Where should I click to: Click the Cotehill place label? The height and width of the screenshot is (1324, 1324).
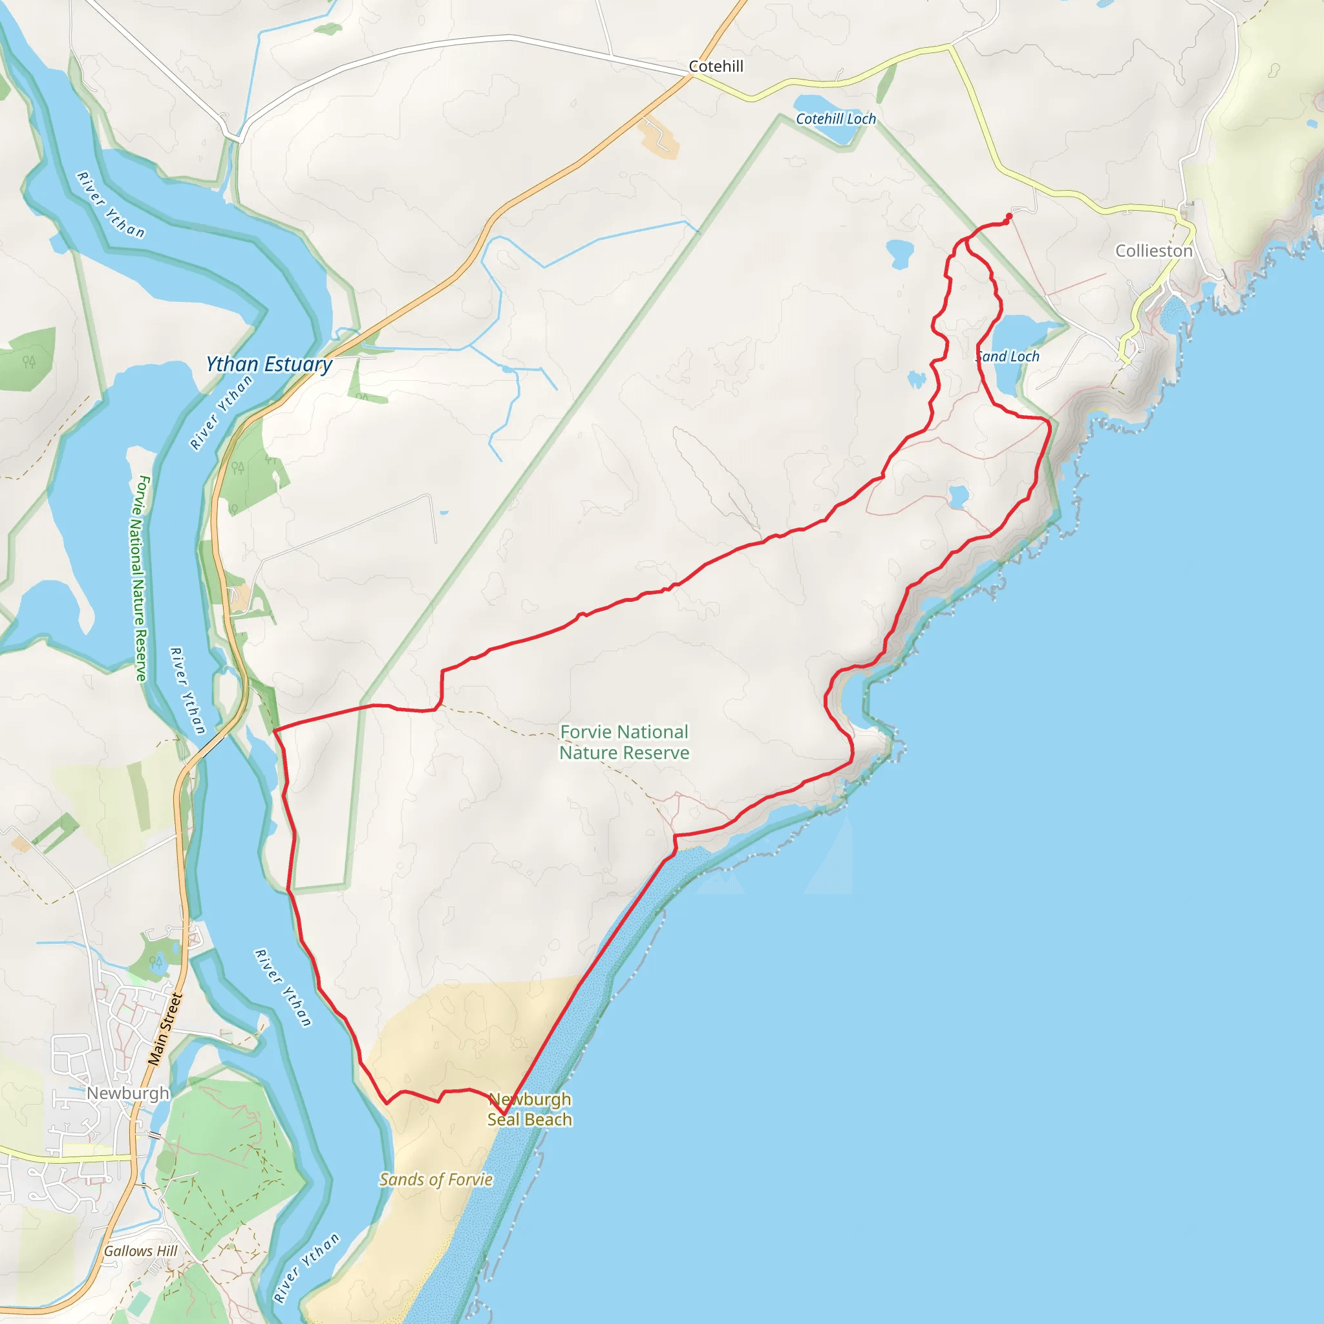(x=716, y=67)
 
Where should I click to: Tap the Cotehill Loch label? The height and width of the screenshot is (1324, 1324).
(x=835, y=118)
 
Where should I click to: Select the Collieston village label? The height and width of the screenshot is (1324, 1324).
(x=1153, y=251)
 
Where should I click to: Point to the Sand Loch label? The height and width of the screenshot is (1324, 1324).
(x=1008, y=356)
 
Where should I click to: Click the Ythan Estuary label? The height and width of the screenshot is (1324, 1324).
(x=270, y=364)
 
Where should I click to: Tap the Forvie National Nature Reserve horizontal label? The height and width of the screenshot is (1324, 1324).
(x=624, y=742)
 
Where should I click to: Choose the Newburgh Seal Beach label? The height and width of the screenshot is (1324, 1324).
(x=529, y=1109)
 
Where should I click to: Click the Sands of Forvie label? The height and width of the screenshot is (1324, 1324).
(x=436, y=1179)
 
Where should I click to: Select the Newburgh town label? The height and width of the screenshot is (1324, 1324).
(x=127, y=1093)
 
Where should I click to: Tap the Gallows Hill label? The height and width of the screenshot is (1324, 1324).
(x=140, y=1251)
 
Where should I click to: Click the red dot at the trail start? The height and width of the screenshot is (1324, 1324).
(x=1009, y=217)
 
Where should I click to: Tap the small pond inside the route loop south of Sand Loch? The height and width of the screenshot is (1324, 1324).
(x=958, y=496)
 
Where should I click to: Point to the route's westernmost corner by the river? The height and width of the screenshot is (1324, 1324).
(x=274, y=731)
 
